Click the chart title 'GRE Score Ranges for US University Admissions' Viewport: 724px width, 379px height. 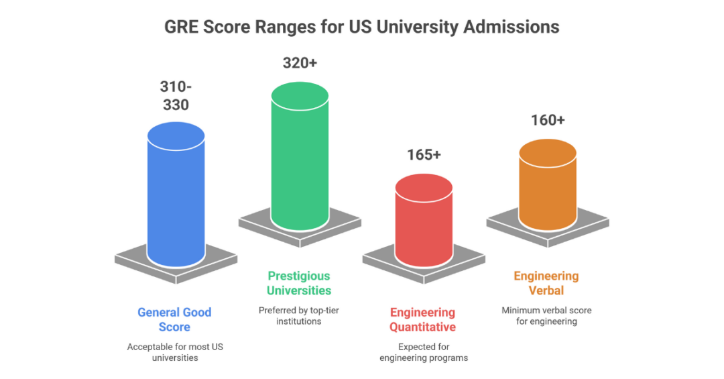point(362,27)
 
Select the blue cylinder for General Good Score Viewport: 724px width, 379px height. point(176,201)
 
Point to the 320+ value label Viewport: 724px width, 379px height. point(299,63)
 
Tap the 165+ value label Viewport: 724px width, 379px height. point(424,154)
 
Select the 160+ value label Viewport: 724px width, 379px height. point(548,120)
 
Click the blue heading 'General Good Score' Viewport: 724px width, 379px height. point(174,319)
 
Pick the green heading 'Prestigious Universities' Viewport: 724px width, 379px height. point(299,283)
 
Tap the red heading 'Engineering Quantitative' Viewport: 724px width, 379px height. point(423,319)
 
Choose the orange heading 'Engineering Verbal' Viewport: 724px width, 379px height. point(546,283)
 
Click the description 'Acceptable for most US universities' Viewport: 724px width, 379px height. point(174,352)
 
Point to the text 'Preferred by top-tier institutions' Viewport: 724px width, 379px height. point(299,316)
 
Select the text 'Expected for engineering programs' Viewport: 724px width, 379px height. point(424,352)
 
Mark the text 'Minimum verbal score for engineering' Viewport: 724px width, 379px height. point(546,316)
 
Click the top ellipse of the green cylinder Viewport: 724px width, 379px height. point(299,96)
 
